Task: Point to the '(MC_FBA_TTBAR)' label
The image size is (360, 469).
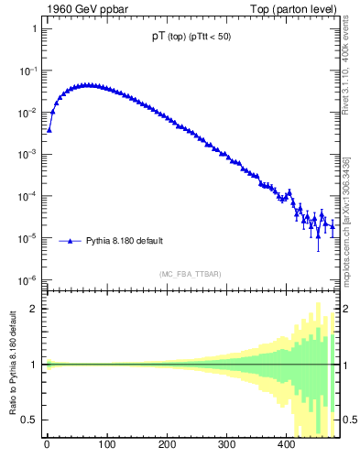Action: pos(190,274)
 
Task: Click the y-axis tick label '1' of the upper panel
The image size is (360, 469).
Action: pos(34,29)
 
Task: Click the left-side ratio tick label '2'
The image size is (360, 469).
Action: pos(34,309)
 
